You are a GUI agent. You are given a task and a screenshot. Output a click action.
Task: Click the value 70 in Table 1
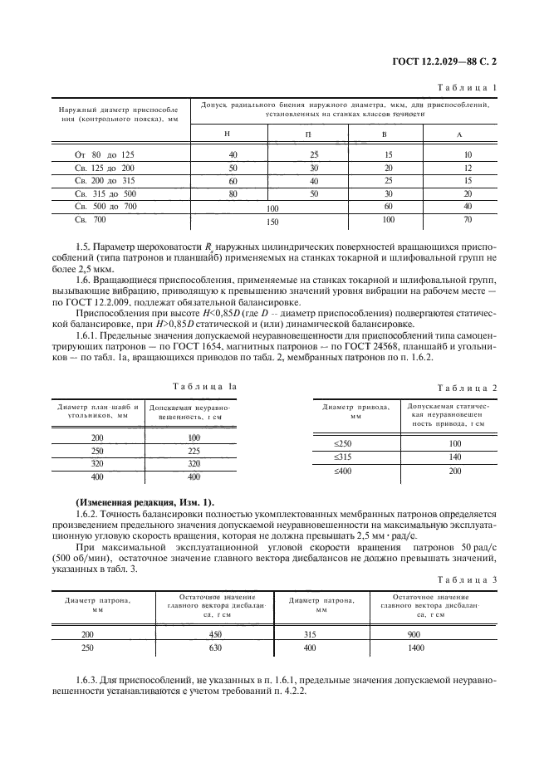point(468,221)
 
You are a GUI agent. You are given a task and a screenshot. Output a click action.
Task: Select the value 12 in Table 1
point(468,168)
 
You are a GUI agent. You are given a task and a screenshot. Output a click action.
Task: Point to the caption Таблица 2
point(467,388)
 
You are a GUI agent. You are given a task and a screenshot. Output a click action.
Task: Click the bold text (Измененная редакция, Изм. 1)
point(144,501)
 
